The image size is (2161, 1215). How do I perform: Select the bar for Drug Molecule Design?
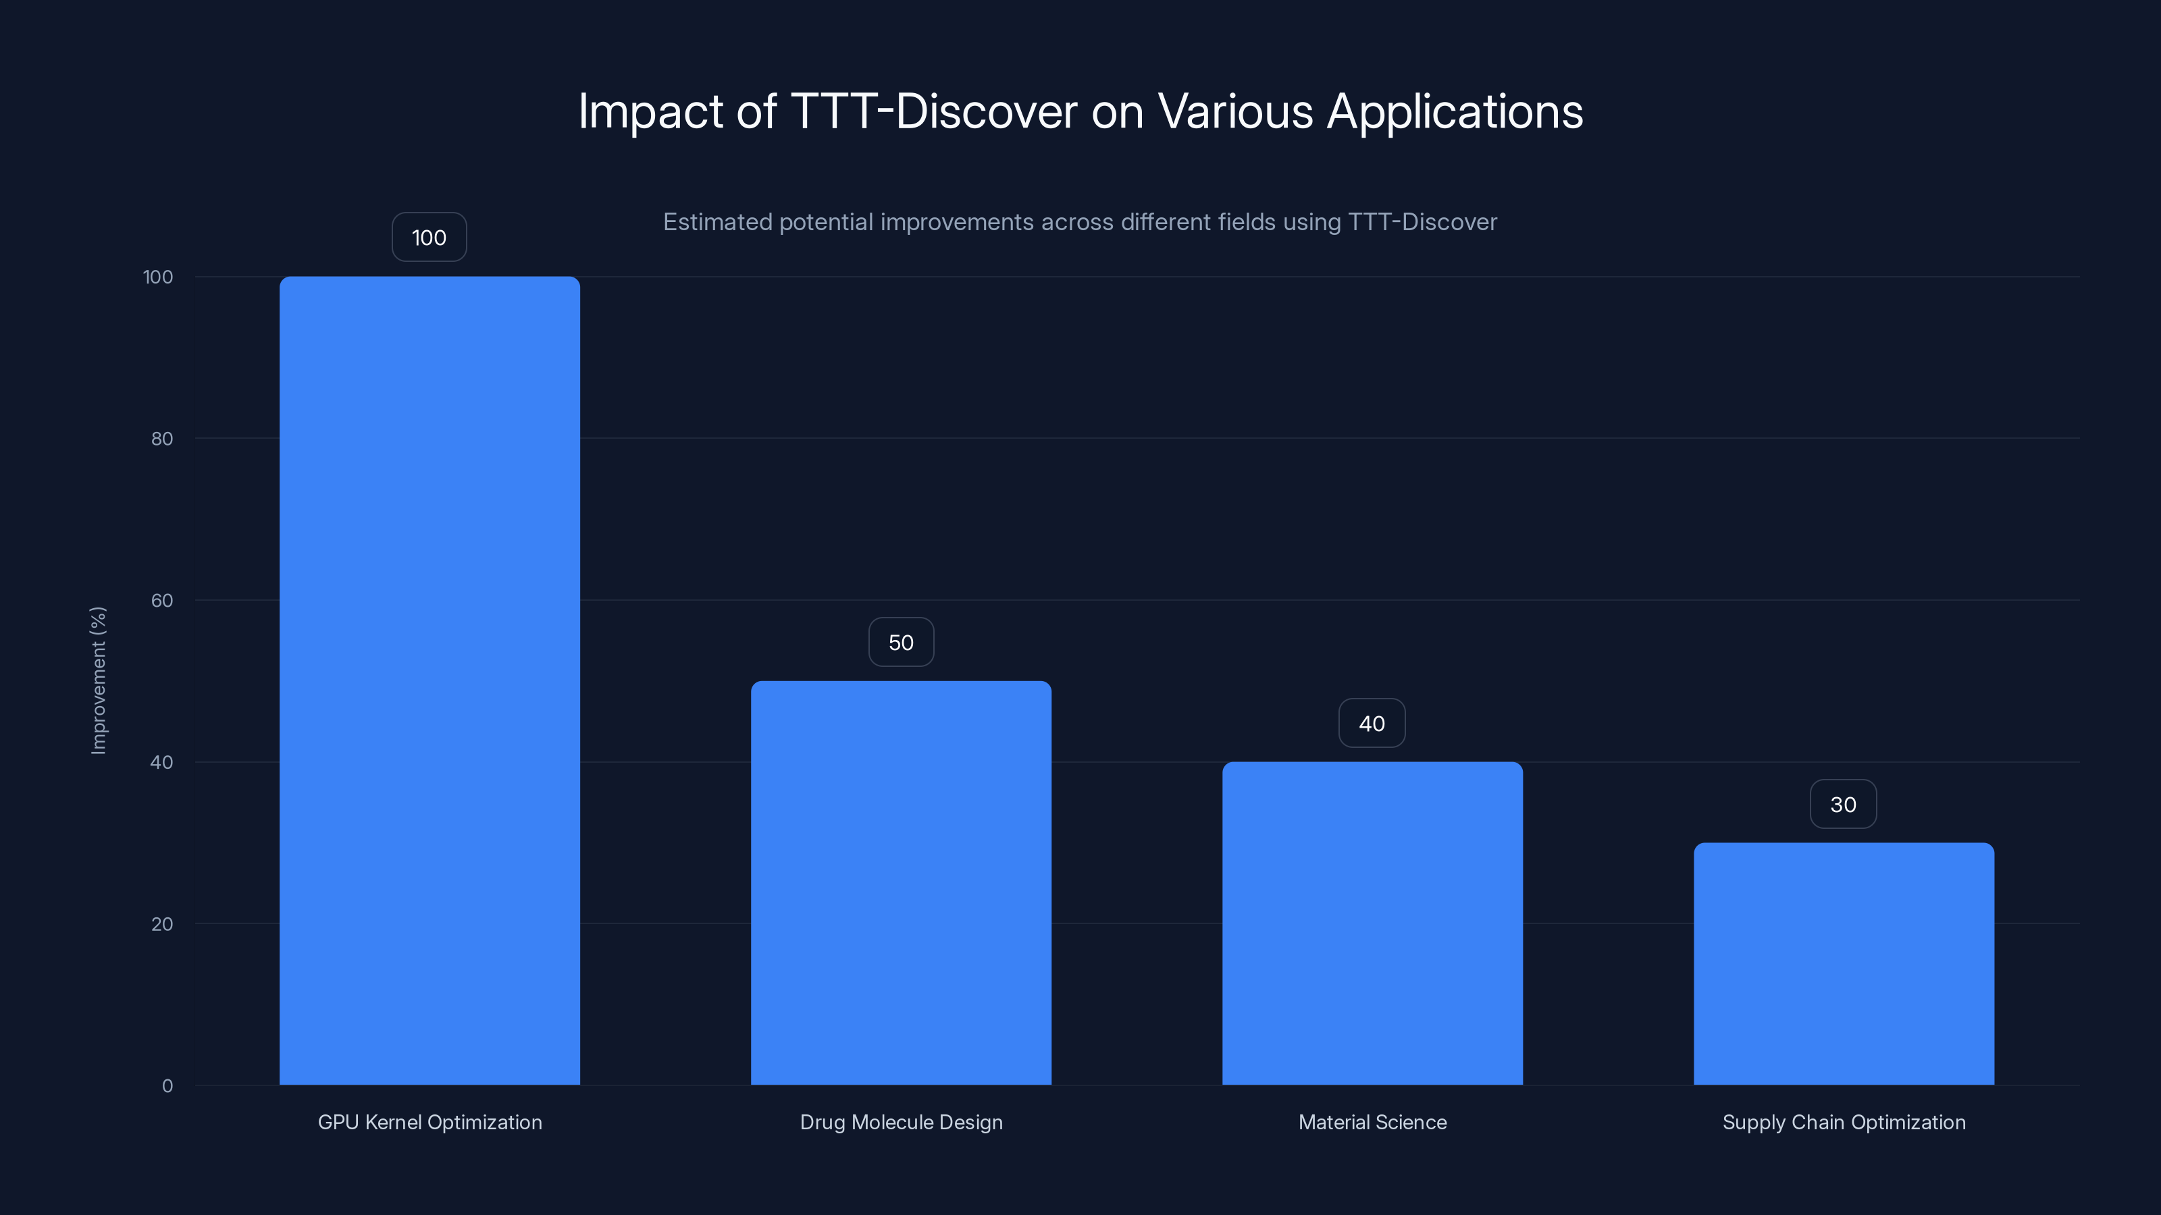901,882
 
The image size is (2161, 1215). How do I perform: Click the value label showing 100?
429,238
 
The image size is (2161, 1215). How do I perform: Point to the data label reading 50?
901,643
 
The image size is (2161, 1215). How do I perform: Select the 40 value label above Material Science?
1372,724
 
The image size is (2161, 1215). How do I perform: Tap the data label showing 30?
1843,805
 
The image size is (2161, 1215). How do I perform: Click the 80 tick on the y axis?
162,439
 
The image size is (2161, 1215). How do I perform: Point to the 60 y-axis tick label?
162,600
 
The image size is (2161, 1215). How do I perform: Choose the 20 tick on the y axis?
162,924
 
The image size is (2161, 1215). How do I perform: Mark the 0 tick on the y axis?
167,1086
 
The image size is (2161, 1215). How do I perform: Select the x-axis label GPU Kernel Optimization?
429,1122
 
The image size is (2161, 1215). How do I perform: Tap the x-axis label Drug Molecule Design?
901,1122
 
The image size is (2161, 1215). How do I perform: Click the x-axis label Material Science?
1372,1122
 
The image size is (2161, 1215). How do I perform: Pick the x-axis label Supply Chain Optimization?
1844,1122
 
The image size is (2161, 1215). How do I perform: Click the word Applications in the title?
1455,111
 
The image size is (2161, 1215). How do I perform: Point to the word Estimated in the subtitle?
717,222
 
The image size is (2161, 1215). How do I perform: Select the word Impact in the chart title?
650,111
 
